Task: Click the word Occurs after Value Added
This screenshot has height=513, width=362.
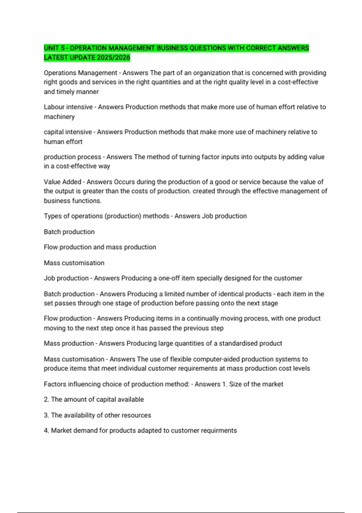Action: tap(124, 182)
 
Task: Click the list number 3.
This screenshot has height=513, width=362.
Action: tap(46, 415)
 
